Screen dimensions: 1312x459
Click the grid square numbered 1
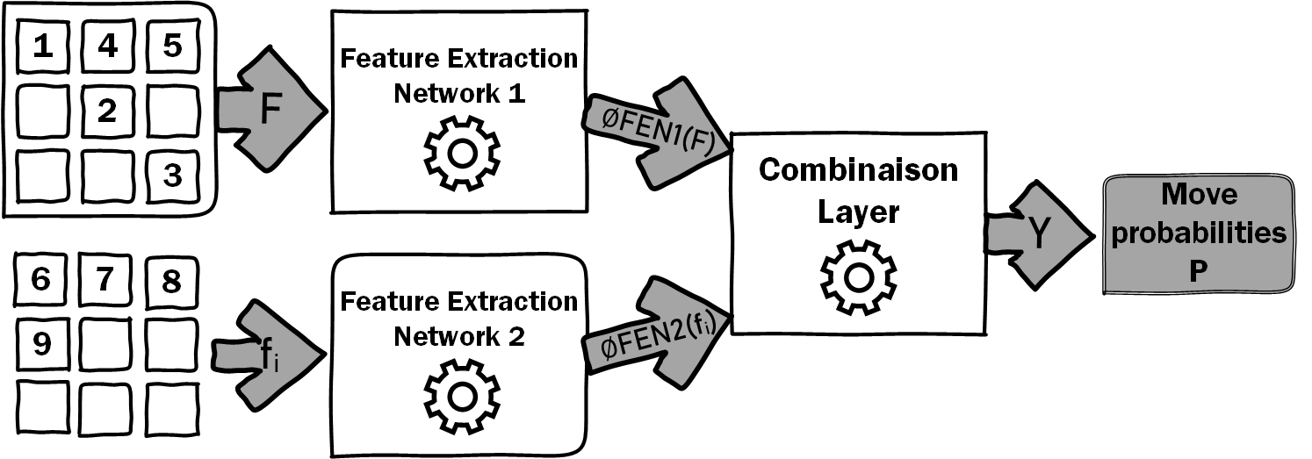click(43, 47)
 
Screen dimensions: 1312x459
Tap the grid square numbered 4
click(108, 47)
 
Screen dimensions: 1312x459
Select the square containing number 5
click(173, 47)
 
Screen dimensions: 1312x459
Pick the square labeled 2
click(108, 111)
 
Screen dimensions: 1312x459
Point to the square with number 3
click(173, 176)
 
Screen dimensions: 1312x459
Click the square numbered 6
click(40, 280)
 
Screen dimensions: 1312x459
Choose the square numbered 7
click(105, 280)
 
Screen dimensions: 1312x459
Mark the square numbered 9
click(41, 344)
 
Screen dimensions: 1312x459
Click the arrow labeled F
click(270, 109)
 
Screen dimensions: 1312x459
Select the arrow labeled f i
click(268, 355)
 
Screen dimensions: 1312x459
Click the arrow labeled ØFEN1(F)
click(657, 133)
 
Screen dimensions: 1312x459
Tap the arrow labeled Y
click(1039, 235)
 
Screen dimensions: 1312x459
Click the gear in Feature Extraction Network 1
click(462, 154)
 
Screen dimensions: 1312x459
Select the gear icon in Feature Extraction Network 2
click(462, 398)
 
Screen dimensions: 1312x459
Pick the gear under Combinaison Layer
click(859, 278)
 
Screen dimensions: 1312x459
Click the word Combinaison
click(859, 170)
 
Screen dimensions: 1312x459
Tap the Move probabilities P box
click(1199, 233)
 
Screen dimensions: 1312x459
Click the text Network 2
click(459, 337)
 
